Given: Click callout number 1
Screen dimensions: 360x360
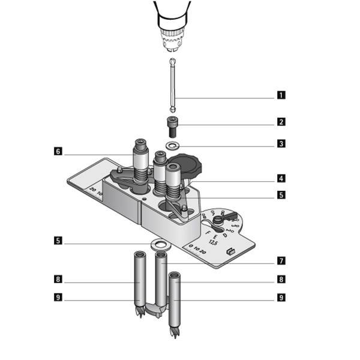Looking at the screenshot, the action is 280,95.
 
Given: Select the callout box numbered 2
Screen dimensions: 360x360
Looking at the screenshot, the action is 280,122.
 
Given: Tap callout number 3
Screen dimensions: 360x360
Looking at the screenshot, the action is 280,144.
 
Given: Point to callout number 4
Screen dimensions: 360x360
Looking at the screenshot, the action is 280,178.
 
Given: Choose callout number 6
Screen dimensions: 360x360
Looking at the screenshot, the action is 58,152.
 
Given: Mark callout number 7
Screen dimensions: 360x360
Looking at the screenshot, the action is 280,260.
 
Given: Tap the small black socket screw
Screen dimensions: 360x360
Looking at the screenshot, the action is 172,126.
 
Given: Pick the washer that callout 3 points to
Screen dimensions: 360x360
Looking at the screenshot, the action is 173,146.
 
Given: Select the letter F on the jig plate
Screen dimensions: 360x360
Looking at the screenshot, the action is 208,230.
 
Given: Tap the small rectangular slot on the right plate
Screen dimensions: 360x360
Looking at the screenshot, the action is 229,252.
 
